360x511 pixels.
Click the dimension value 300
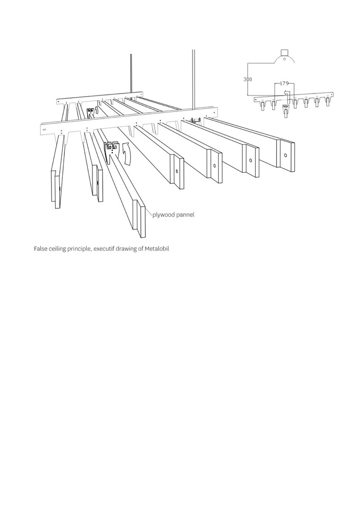click(x=248, y=80)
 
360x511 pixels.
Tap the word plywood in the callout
click(x=163, y=215)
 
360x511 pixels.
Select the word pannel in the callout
click(x=185, y=215)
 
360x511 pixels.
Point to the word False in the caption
click(x=41, y=249)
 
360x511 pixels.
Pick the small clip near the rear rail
click(x=92, y=112)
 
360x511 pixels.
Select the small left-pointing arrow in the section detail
click(x=286, y=94)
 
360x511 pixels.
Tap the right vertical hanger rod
click(x=194, y=77)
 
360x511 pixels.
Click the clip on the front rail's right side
click(x=194, y=121)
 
